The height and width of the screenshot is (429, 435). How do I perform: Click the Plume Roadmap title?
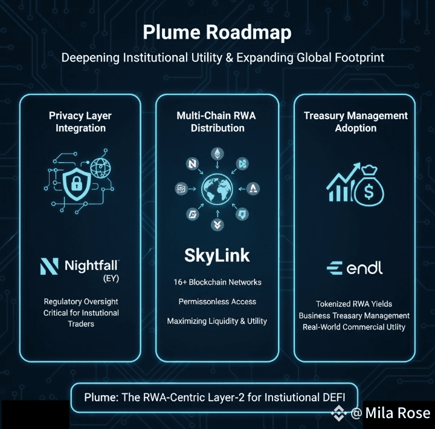tap(217, 32)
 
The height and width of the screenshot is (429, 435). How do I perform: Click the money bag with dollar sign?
tap(369, 187)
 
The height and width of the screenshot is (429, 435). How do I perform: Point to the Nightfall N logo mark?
tap(48, 266)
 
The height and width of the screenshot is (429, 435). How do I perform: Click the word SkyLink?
tap(217, 255)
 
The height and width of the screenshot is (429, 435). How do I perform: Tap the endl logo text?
tap(364, 268)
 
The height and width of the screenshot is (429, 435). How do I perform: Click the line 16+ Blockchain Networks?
tap(217, 283)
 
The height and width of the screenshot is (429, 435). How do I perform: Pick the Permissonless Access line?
tap(217, 301)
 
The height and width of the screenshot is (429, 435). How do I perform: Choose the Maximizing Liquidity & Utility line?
tap(217, 321)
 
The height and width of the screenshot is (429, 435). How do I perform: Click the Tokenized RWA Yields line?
tap(354, 304)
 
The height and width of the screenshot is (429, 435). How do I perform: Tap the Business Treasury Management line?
tap(354, 315)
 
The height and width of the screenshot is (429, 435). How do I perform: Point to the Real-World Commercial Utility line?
tap(354, 327)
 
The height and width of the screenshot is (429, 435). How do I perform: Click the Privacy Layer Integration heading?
tap(80, 122)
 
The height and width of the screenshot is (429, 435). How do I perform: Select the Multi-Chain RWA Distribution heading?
tap(217, 122)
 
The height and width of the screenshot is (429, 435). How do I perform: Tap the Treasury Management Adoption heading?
tap(355, 122)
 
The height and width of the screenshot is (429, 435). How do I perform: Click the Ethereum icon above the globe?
tap(216, 154)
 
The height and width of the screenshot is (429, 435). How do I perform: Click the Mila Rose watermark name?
tap(398, 413)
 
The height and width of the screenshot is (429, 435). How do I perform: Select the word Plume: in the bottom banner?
tap(102, 398)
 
